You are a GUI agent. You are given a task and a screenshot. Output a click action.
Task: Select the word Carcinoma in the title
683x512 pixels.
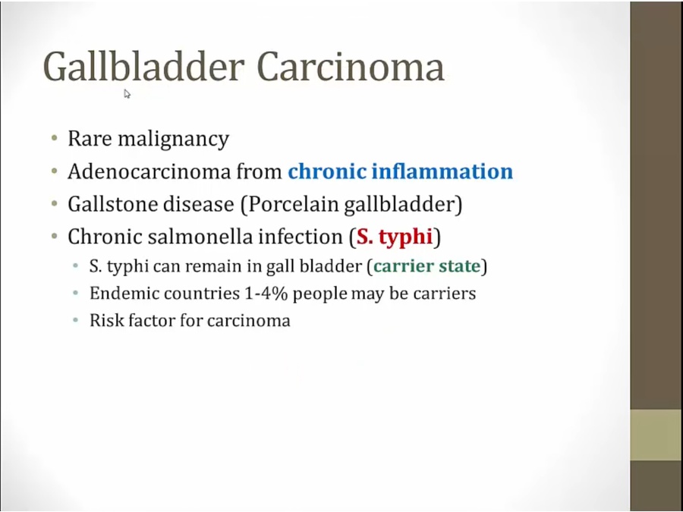pyautogui.click(x=351, y=67)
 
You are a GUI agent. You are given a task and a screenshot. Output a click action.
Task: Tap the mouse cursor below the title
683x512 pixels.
pyautogui.click(x=127, y=94)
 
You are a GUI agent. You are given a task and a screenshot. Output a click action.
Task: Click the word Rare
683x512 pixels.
pyautogui.click(x=90, y=139)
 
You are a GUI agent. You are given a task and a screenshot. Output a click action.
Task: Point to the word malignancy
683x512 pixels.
pyautogui.click(x=173, y=140)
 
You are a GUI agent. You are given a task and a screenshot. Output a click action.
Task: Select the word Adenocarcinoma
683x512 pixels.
pyautogui.click(x=149, y=171)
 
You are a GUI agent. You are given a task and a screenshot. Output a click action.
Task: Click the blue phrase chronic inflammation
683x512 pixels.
pyautogui.click(x=400, y=171)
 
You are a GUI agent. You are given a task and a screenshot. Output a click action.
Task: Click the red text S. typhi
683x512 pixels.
pyautogui.click(x=395, y=237)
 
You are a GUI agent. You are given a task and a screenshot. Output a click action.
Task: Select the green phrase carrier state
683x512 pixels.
pyautogui.click(x=426, y=266)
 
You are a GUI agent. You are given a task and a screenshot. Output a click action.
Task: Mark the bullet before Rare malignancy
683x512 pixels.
pyautogui.click(x=54, y=139)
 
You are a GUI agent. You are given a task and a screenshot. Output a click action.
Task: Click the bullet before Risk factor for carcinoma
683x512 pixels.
pyautogui.click(x=76, y=320)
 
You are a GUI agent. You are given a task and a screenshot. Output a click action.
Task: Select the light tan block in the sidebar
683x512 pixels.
pyautogui.click(x=656, y=435)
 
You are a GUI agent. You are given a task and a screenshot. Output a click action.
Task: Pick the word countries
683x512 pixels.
pyautogui.click(x=202, y=293)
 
